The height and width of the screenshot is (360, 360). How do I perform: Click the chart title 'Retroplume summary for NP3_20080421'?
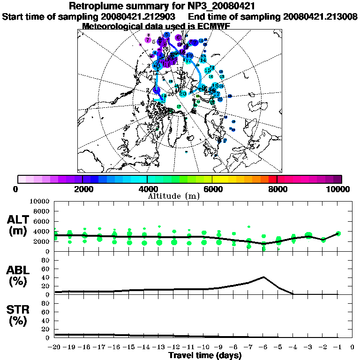(x=162, y=6)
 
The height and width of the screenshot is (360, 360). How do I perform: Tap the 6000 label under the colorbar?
(x=212, y=189)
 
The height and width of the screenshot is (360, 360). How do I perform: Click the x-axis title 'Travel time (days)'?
(x=205, y=356)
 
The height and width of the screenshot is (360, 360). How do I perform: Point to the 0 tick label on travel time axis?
(x=352, y=347)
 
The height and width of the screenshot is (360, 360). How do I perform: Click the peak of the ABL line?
(x=264, y=277)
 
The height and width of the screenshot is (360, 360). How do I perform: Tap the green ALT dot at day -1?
(x=338, y=233)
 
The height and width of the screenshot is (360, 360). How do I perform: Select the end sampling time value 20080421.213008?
(x=321, y=16)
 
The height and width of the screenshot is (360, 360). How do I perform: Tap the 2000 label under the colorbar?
(x=82, y=189)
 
